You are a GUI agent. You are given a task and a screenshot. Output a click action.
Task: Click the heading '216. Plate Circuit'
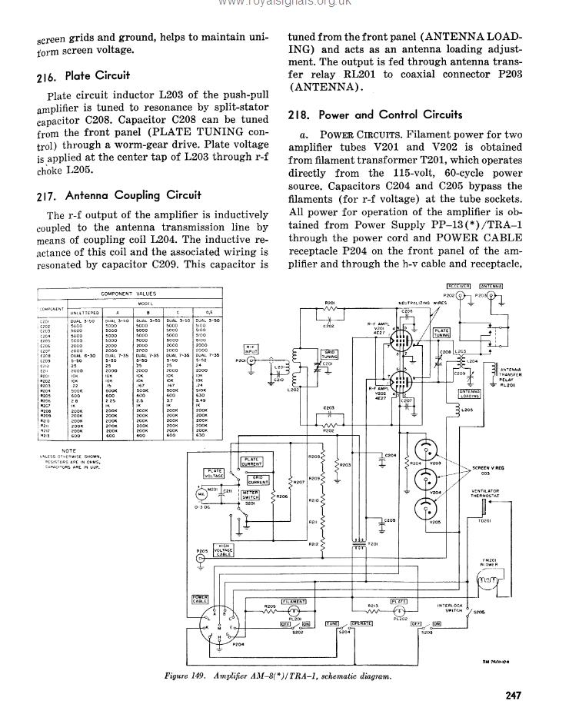click(x=83, y=76)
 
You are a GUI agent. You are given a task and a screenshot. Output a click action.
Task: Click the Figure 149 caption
click(x=278, y=676)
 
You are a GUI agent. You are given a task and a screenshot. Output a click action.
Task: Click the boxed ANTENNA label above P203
click(x=491, y=286)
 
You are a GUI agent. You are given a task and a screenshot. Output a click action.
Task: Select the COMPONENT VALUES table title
click(x=128, y=294)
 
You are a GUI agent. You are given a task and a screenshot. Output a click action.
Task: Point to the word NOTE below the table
click(x=70, y=450)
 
